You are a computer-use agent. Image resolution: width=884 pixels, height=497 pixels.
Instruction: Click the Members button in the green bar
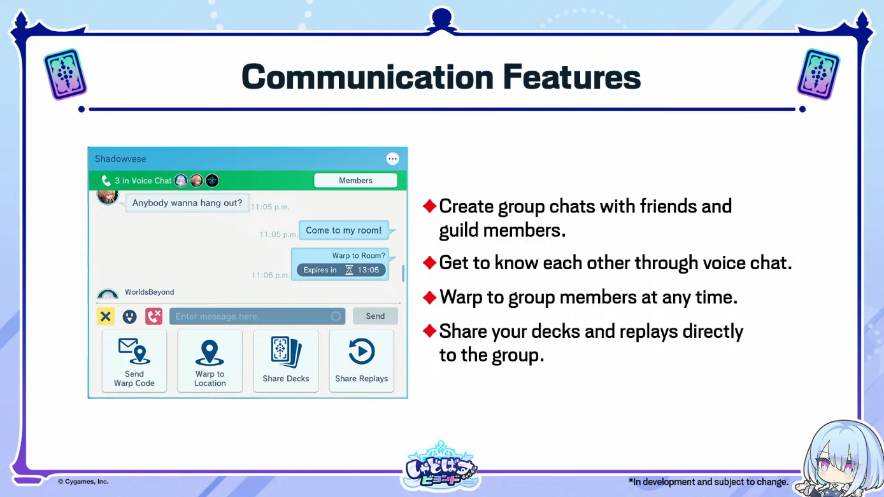click(355, 180)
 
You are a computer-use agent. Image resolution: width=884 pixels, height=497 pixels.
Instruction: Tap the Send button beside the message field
click(375, 316)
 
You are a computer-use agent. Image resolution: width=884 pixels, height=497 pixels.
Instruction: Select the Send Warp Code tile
click(134, 361)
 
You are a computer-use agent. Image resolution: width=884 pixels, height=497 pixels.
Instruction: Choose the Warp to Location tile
click(210, 361)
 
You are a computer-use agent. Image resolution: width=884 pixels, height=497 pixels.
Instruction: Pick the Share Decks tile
click(286, 361)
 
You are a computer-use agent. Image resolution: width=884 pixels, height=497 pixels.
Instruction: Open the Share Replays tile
click(362, 361)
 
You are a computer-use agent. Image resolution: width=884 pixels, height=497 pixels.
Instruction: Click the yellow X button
click(106, 316)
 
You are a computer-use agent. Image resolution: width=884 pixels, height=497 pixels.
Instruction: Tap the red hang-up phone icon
click(154, 316)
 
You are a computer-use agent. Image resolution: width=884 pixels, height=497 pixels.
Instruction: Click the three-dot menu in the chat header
click(392, 158)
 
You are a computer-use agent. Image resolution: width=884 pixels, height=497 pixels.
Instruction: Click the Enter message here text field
click(257, 316)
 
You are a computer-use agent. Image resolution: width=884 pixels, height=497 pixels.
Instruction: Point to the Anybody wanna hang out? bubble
click(187, 203)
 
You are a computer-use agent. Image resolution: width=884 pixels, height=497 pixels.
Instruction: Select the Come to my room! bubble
click(344, 230)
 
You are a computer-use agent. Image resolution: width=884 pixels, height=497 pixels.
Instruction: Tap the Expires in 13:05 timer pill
click(341, 270)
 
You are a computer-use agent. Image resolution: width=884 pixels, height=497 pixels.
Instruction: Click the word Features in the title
click(572, 76)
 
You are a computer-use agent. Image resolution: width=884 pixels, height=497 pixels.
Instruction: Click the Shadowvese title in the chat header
click(120, 158)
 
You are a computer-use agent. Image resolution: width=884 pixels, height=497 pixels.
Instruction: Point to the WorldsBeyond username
click(150, 292)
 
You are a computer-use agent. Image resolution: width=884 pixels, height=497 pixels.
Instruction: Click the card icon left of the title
click(66, 74)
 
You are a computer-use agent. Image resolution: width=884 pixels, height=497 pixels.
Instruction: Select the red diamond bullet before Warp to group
click(429, 297)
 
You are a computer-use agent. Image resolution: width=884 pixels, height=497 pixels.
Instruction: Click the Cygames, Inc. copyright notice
click(83, 482)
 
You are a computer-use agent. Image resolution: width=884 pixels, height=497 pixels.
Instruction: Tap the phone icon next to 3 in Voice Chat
click(106, 181)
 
